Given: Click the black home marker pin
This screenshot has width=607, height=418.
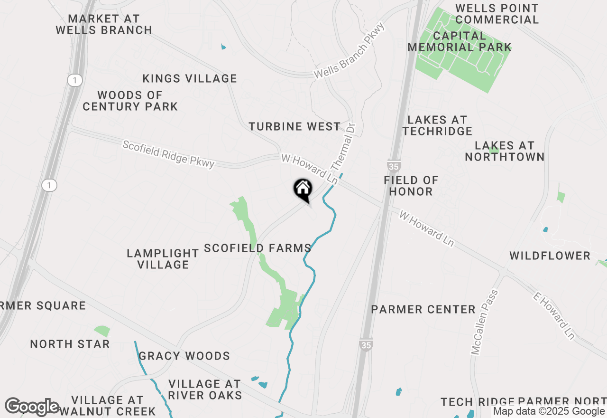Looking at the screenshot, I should click(303, 190).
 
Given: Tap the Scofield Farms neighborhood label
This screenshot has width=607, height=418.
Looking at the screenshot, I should click(258, 248).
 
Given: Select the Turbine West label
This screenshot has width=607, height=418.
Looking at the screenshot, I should click(294, 126).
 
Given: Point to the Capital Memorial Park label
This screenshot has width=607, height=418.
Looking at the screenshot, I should click(460, 41).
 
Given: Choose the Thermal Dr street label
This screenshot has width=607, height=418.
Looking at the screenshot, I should click(343, 148).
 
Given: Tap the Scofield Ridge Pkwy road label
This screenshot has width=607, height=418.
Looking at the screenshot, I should click(168, 154).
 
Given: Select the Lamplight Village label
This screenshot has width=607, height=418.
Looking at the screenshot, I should click(163, 259).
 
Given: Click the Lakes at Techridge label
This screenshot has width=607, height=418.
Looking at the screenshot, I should click(437, 125).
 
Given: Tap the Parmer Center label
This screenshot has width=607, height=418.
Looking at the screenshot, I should click(423, 310).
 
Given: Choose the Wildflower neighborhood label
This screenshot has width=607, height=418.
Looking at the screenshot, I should click(550, 256).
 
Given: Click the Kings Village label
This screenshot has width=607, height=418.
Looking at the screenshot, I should click(190, 78).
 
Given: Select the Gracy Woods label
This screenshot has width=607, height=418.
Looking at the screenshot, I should click(184, 356).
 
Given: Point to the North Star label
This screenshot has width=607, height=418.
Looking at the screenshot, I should click(70, 344).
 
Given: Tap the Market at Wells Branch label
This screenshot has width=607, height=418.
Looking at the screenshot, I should click(104, 24).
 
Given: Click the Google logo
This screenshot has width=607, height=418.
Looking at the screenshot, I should click(32, 407).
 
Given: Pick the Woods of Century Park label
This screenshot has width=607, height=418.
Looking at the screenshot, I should click(130, 101).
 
